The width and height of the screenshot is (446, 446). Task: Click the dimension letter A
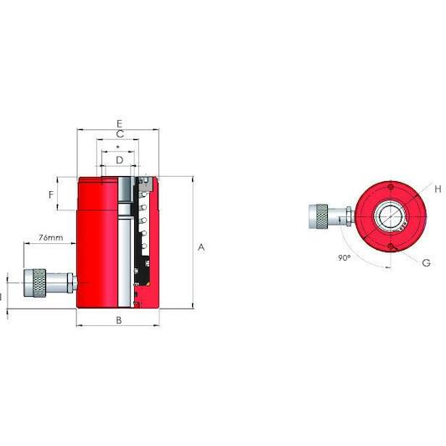click(200, 247)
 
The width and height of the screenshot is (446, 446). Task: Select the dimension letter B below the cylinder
click(118, 320)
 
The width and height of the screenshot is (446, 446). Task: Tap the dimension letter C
click(120, 134)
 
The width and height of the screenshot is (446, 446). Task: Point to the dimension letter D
click(119, 158)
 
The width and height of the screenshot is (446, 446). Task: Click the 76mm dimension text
click(51, 240)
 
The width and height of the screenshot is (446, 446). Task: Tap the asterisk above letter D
click(118, 147)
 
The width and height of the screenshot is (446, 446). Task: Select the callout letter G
click(426, 262)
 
